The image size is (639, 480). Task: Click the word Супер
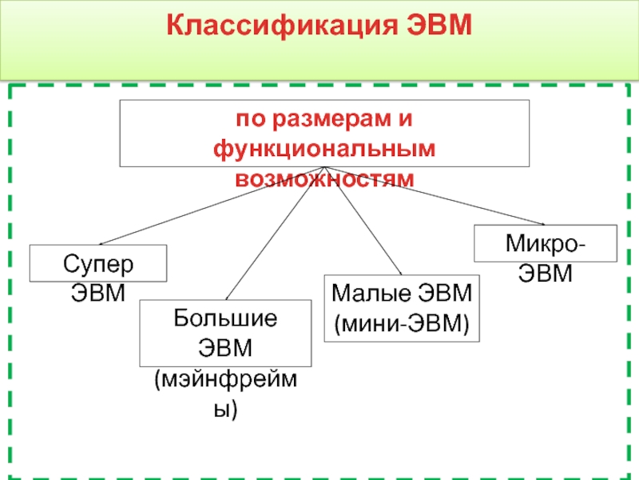coord(97,262)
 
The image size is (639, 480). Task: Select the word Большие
coord(225,319)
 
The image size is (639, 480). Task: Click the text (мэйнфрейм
coord(225,379)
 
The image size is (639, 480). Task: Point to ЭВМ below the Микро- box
coord(546,274)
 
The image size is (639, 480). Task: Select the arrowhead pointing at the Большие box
coord(227,297)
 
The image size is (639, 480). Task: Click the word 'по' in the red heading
coord(248,121)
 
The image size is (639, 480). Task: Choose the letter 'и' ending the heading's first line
coord(406,121)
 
